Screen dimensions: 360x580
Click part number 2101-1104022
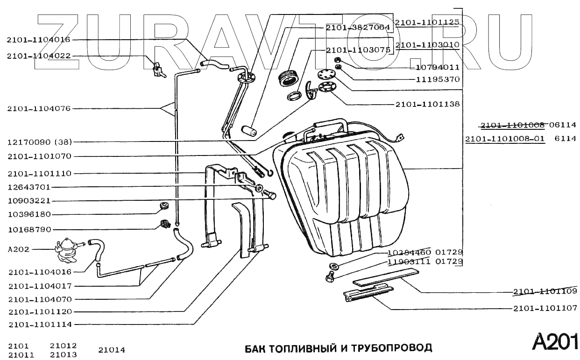point(38,56)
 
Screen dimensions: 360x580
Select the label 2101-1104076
point(38,109)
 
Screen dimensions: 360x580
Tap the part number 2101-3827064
point(358,28)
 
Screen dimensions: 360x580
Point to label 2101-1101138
point(427,104)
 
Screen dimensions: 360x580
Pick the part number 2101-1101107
point(545,308)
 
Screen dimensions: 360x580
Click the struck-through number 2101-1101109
point(545,292)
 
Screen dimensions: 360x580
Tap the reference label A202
point(19,249)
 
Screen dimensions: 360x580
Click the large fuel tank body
point(346,196)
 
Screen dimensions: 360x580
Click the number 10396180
point(35,215)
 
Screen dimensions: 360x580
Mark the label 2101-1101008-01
point(505,139)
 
